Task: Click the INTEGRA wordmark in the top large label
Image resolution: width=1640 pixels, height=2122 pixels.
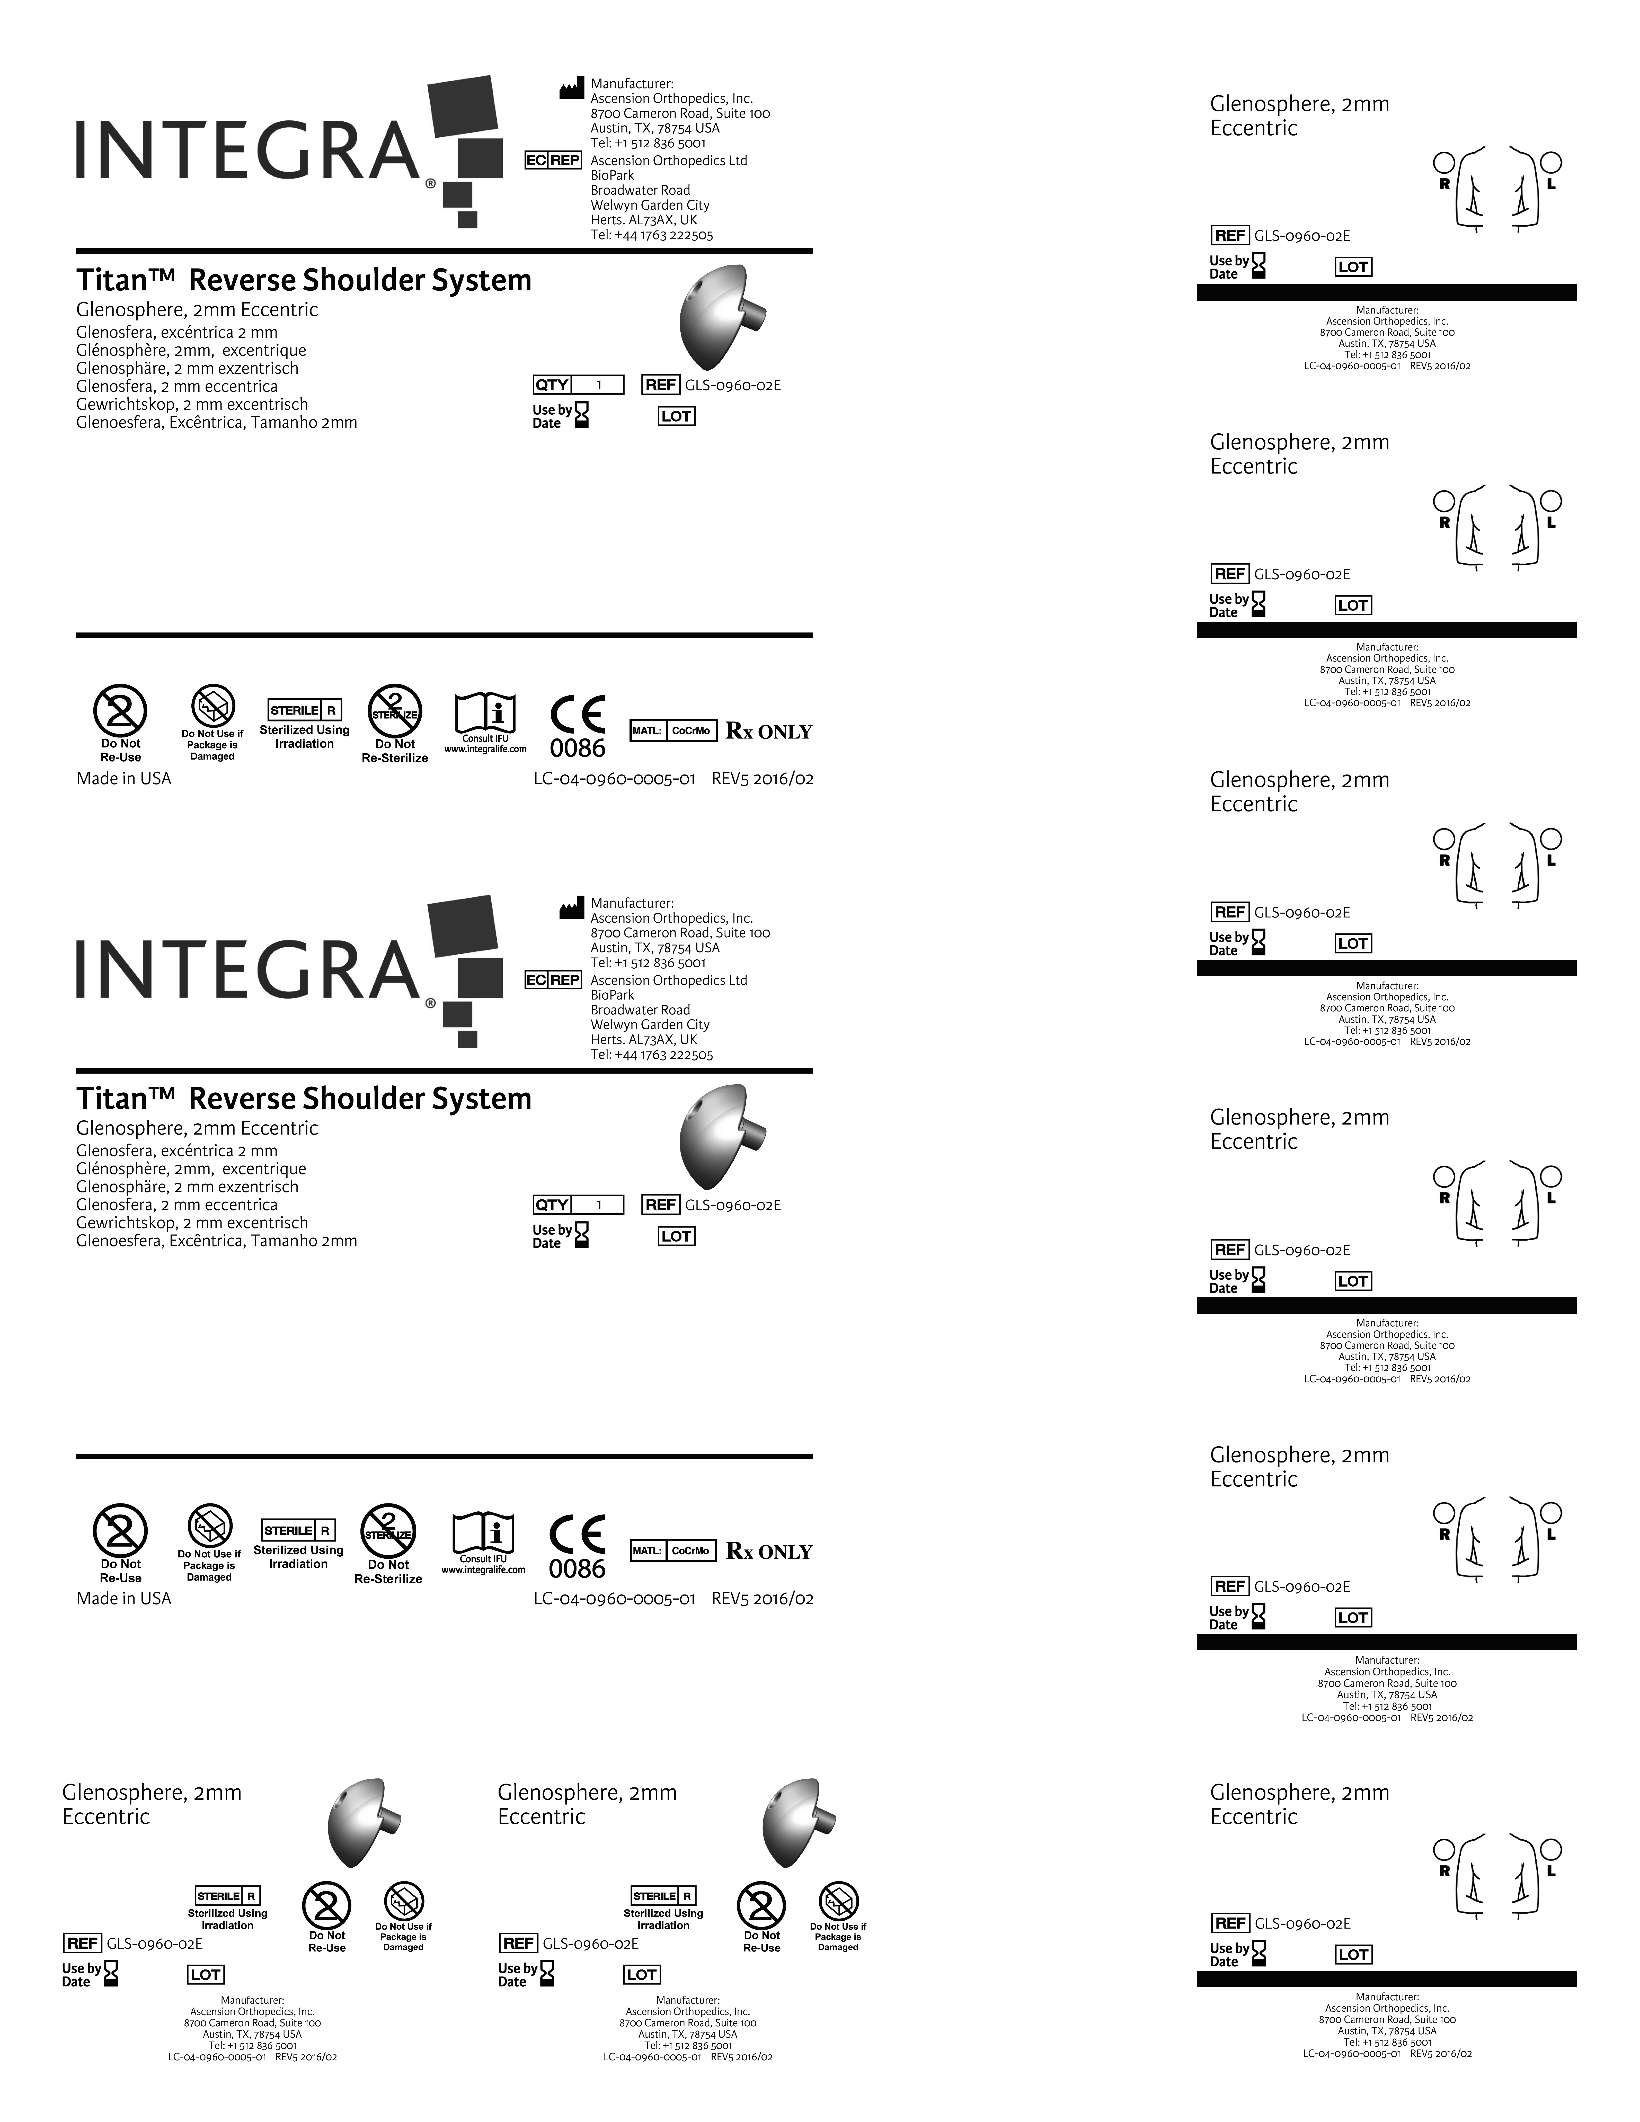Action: (x=248, y=151)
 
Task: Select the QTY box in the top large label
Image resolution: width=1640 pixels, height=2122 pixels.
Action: (x=578, y=385)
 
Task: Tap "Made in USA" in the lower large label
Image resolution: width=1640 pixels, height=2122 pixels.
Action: (x=123, y=1598)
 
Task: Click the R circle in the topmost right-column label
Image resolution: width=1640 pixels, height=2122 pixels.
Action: (x=1444, y=161)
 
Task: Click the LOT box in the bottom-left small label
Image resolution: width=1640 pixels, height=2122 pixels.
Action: (x=205, y=1974)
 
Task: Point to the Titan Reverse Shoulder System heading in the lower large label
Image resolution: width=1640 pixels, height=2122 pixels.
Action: (x=304, y=1099)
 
